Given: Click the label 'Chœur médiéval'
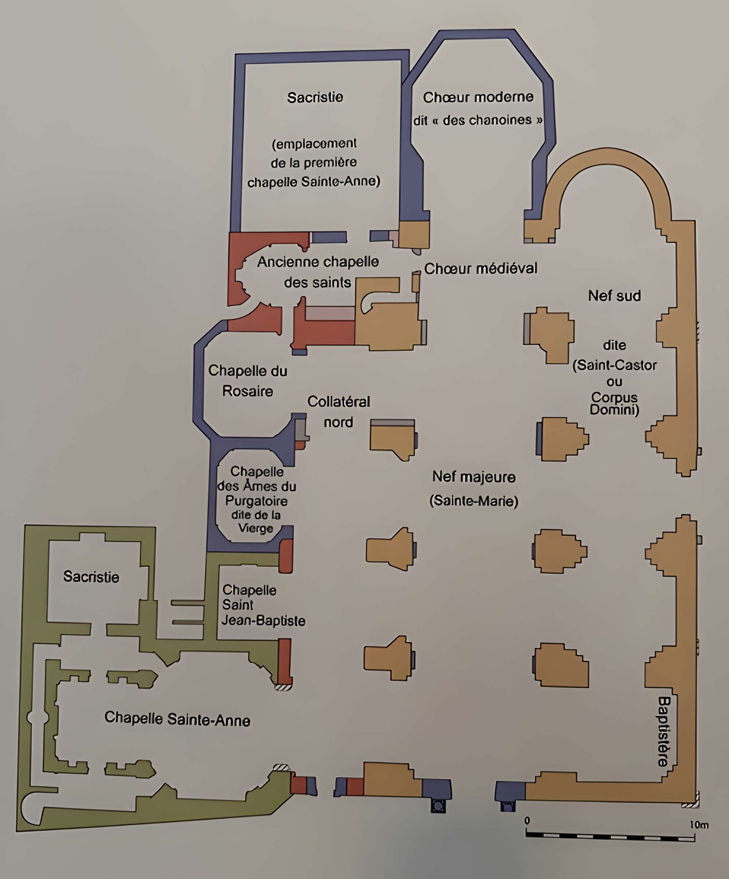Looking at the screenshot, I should pyautogui.click(x=480, y=268).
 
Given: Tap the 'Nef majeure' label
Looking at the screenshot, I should pyautogui.click(x=473, y=477).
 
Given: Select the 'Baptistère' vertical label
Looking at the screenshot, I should pyautogui.click(x=664, y=731).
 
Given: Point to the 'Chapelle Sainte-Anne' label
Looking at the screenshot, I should pyautogui.click(x=177, y=719).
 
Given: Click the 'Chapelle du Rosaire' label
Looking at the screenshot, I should pyautogui.click(x=247, y=380).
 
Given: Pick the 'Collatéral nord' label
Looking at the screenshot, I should pyautogui.click(x=338, y=411).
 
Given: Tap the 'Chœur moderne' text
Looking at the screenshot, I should pyautogui.click(x=478, y=98).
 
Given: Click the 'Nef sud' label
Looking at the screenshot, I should pyautogui.click(x=614, y=296).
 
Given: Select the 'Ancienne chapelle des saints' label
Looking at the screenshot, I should pyautogui.click(x=318, y=272).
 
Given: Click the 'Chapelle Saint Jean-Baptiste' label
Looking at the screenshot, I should pyautogui.click(x=263, y=605).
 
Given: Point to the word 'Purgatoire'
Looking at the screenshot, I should pyautogui.click(x=256, y=501).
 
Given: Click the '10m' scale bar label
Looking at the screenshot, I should pyautogui.click(x=699, y=825).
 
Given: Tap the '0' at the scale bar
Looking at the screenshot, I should pyautogui.click(x=527, y=820).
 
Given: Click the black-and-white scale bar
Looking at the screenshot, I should pyautogui.click(x=610, y=836).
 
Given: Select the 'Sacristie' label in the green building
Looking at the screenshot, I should pyautogui.click(x=91, y=577).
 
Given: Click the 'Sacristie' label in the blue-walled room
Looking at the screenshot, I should pyautogui.click(x=315, y=98).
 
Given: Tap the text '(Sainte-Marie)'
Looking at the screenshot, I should pyautogui.click(x=473, y=501).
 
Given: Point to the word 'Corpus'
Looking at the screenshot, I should pyautogui.click(x=614, y=397).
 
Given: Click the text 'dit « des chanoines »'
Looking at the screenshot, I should pyautogui.click(x=478, y=121).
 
